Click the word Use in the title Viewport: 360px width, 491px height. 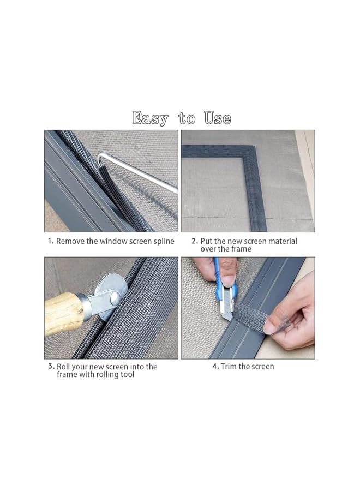(x=218, y=118)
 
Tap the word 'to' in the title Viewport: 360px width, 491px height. (x=187, y=118)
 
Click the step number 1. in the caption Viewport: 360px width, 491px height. (x=50, y=241)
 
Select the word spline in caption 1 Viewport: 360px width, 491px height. (x=163, y=241)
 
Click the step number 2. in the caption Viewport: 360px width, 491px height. (x=194, y=241)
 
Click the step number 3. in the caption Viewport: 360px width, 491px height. (x=51, y=367)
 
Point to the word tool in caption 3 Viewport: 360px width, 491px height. (x=125, y=375)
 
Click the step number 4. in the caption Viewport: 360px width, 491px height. (x=215, y=367)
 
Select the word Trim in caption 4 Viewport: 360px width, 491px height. (x=231, y=367)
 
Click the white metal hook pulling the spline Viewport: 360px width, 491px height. (x=142, y=175)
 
